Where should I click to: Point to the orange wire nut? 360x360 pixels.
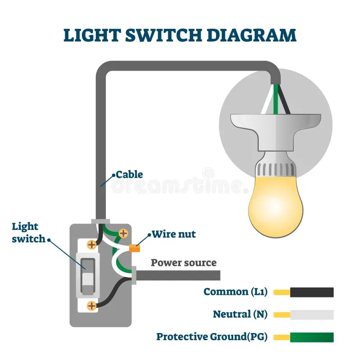(134, 247)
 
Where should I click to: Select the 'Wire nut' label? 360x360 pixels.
(174, 234)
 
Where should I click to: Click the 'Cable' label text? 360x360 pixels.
(129, 174)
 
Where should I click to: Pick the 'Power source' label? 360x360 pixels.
(184, 263)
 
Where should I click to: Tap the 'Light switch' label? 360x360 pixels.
(25, 232)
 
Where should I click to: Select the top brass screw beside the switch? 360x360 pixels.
(92, 244)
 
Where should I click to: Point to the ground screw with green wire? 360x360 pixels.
(122, 234)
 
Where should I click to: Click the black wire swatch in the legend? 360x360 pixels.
(311, 292)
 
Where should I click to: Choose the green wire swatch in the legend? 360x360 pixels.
(311, 337)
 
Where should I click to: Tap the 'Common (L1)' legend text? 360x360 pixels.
(236, 292)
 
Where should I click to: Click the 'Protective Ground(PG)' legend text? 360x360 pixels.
(212, 337)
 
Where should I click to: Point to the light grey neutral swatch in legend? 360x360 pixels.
(311, 315)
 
